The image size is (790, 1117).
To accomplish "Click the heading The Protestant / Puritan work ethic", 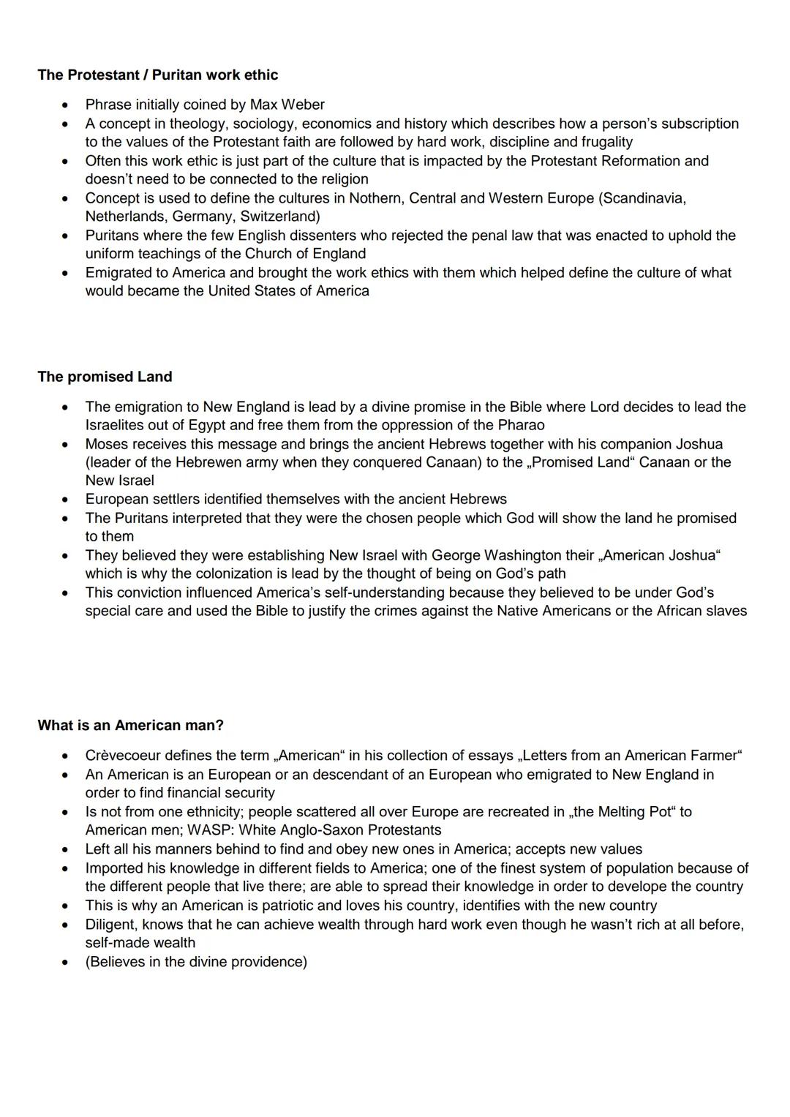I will coord(158,75).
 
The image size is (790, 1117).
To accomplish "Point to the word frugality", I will coord(596,142).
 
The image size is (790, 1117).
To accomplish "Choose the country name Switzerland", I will coord(279,217).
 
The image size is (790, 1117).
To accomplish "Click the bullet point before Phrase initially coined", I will coord(67,105).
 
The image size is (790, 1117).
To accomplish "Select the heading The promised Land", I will coord(105,377).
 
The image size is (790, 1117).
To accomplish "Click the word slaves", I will coord(726,611).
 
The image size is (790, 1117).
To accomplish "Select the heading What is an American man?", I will coord(130,725).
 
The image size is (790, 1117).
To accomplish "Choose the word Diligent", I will coord(110,925).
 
